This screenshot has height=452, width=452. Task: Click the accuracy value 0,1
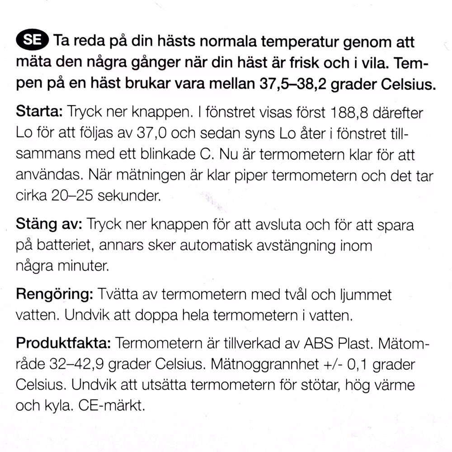click(x=354, y=364)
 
